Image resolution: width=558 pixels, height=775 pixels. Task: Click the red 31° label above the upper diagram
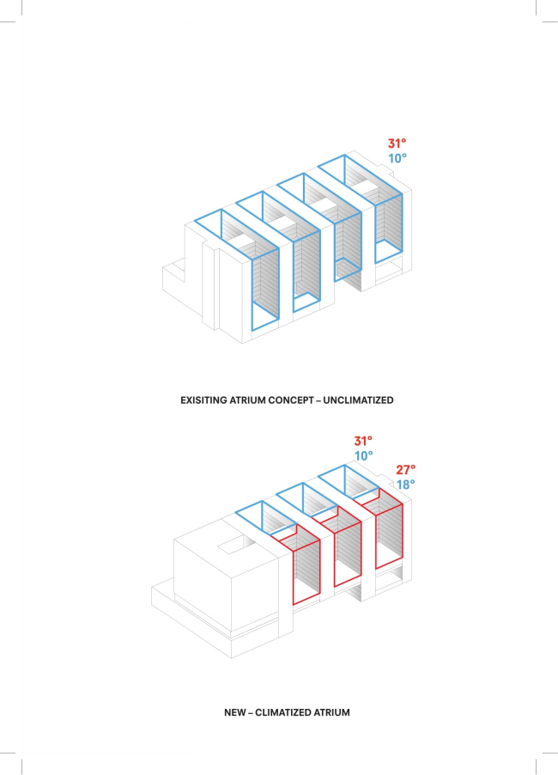397,143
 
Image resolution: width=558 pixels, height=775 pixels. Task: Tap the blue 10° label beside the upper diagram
397,158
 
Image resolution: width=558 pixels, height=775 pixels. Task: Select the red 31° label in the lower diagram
363,441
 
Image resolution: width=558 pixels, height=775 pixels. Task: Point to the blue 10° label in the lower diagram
363,455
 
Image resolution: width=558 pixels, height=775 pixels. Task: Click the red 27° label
405,469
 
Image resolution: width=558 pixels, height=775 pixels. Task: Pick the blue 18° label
405,485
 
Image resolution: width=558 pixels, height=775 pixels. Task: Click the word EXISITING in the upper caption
203,400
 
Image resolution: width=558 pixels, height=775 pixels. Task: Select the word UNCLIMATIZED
359,400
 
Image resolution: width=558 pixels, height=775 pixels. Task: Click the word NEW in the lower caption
234,713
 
